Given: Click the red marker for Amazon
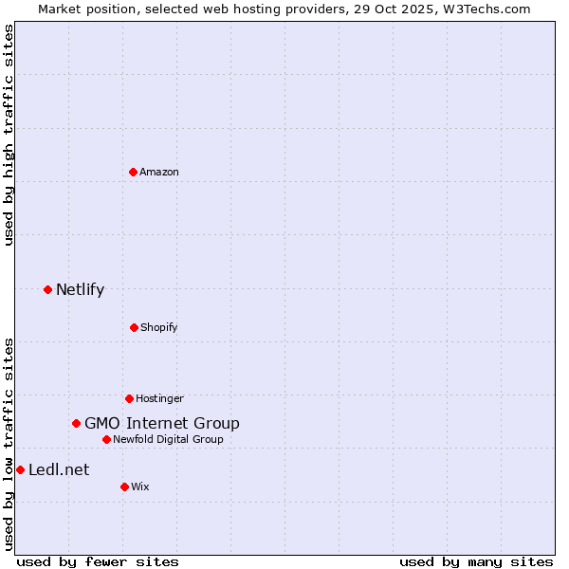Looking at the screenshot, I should coord(133,172).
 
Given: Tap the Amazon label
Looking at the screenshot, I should coord(158,172).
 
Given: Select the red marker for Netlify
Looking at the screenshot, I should coord(47,289).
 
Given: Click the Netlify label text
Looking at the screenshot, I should coord(80,290).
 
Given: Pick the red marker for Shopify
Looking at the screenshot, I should coord(134,327).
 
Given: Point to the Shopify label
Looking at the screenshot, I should coord(158,327).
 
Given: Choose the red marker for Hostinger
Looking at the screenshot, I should coord(129,398).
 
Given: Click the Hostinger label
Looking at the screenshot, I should coord(159,398).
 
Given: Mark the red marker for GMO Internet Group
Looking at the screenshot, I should coord(76,423).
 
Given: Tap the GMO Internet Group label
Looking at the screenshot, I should coord(161,424).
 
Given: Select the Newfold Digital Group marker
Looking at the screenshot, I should coord(106,439).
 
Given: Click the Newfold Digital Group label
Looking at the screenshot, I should coord(168,439).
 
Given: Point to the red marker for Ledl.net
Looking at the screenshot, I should coord(20,469).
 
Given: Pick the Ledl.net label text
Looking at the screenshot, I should coord(59,470).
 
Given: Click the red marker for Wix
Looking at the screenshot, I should coord(124,486).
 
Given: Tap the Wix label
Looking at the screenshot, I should coord(140,486).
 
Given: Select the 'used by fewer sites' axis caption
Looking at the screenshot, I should coord(98,561).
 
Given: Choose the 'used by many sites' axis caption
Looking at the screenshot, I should coord(476,561).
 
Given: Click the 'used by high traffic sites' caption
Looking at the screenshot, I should coord(9,135).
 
